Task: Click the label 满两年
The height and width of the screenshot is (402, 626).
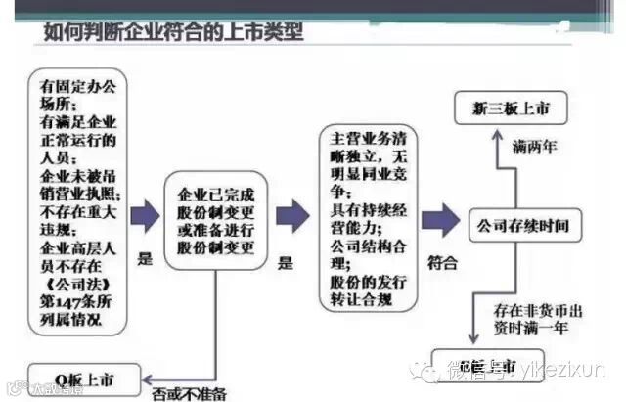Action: [535, 147]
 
